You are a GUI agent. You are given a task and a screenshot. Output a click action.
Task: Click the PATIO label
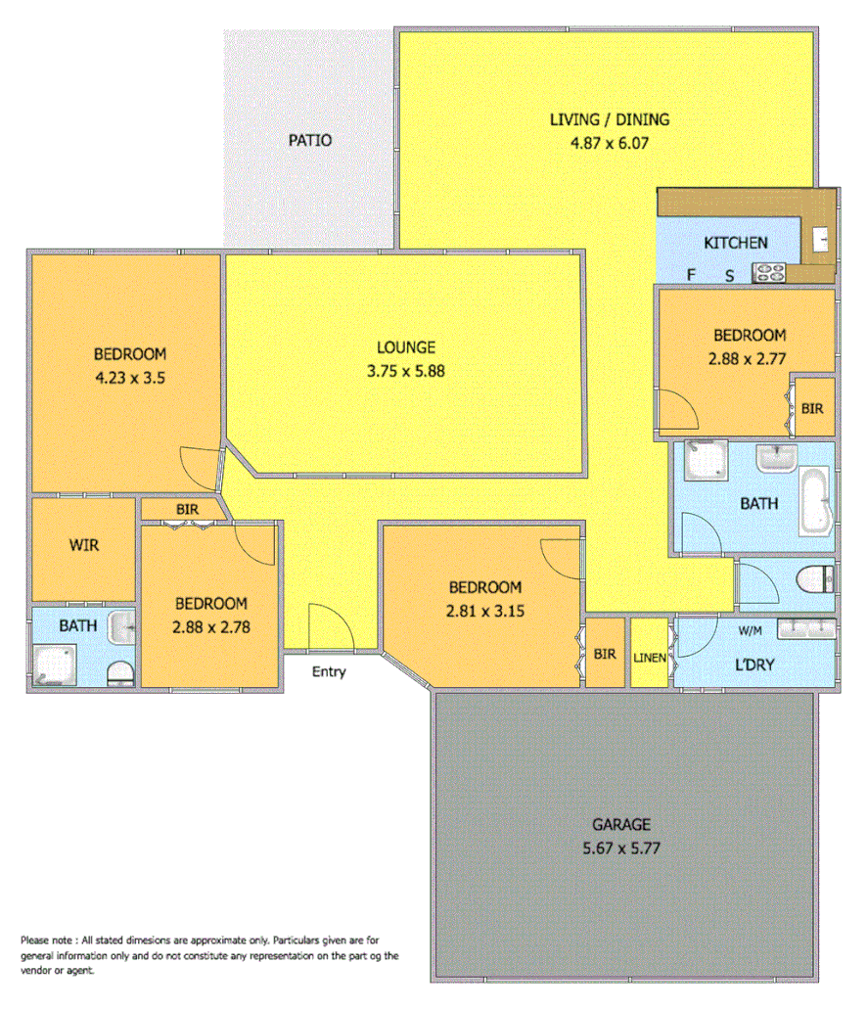(x=309, y=140)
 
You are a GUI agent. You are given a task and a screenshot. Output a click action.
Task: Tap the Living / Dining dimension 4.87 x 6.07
(x=610, y=142)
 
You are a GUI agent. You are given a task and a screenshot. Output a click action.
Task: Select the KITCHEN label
(x=736, y=243)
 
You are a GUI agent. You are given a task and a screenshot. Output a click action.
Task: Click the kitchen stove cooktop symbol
(x=769, y=274)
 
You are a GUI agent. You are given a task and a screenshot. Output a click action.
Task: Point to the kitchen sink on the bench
(x=821, y=237)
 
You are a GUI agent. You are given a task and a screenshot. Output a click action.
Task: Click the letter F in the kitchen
(x=691, y=276)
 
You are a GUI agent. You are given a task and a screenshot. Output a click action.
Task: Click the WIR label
(x=83, y=545)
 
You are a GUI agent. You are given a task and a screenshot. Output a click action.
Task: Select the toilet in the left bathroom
(x=119, y=672)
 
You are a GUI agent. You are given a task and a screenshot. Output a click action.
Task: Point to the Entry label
(x=329, y=672)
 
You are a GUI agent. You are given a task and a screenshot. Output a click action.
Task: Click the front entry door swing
(x=324, y=626)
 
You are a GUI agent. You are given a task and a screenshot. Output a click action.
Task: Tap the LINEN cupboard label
(x=649, y=658)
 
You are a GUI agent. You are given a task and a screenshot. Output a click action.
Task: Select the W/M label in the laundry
(x=750, y=629)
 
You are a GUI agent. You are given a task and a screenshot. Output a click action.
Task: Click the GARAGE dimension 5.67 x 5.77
(x=620, y=848)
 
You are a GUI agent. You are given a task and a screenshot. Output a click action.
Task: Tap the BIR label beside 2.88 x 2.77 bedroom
(x=811, y=408)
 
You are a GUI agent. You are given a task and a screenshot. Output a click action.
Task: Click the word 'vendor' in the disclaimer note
(x=39, y=972)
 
